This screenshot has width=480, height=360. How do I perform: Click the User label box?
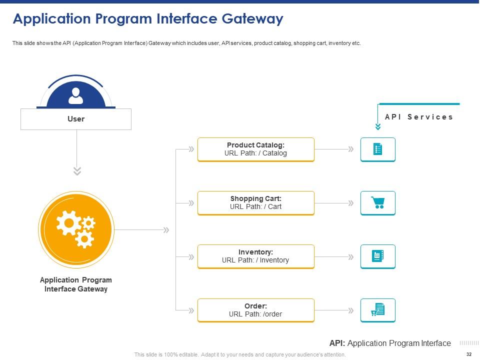[x=76, y=119]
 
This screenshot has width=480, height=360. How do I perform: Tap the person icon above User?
[x=76, y=95]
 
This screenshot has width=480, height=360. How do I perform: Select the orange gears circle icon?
[x=76, y=230]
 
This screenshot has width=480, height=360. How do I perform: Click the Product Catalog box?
[x=256, y=149]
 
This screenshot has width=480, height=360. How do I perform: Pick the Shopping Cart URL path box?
[x=256, y=203]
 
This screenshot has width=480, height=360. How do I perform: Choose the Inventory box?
[x=256, y=256]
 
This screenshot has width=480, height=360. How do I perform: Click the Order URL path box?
[x=256, y=310]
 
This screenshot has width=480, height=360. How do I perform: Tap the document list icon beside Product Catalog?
[x=378, y=149]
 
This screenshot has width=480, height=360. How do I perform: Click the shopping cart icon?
[x=378, y=203]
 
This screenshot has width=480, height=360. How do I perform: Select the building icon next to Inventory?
[x=378, y=256]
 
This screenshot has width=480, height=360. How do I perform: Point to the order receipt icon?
[x=378, y=310]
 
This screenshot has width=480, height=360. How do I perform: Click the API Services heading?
[x=419, y=117]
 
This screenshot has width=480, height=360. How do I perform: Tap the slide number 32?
[x=468, y=354]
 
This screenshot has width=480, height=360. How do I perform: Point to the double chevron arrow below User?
[x=76, y=171]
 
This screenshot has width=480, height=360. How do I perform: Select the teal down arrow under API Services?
[x=378, y=126]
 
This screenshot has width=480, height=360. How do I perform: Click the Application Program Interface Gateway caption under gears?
[x=76, y=284]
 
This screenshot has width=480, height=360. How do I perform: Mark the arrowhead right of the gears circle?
[x=166, y=230]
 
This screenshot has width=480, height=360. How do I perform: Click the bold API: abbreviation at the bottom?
[x=337, y=343]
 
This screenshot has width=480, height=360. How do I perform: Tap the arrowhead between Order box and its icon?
[x=350, y=310]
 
